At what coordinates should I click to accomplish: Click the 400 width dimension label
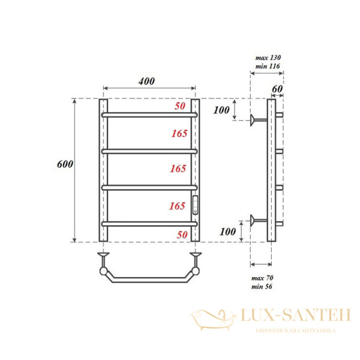click(146, 81)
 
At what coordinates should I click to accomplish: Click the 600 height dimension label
click(65, 164)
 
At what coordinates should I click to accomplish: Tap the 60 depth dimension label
click(277, 89)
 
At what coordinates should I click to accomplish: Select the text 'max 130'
click(268, 58)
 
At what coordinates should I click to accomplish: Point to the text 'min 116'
click(268, 66)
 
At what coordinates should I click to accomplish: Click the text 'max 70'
click(262, 278)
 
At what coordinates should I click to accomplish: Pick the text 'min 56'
click(262, 287)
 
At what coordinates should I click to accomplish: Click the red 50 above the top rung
click(180, 106)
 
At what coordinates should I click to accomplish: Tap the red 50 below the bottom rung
click(182, 235)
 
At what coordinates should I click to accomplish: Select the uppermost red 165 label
click(179, 133)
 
